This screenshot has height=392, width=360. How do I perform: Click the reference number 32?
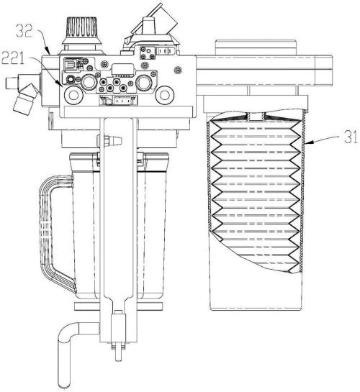(24, 31)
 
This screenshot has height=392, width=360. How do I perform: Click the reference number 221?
(13, 59)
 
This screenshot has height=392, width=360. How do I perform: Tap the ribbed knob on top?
(81, 28)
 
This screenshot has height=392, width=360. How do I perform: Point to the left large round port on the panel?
(89, 81)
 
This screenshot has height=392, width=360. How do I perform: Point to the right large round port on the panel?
(143, 82)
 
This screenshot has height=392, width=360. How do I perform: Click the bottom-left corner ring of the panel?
(73, 95)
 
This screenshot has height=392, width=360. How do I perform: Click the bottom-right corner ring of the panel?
(164, 95)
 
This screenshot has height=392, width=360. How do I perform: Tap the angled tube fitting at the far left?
(26, 99)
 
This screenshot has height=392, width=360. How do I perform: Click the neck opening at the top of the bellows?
(255, 116)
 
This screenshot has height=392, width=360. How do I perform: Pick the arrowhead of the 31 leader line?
(307, 142)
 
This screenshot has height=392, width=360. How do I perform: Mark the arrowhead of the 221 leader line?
(60, 83)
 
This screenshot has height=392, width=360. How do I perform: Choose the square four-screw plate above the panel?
(146, 53)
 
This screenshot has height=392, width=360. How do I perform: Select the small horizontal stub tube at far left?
(12, 83)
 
